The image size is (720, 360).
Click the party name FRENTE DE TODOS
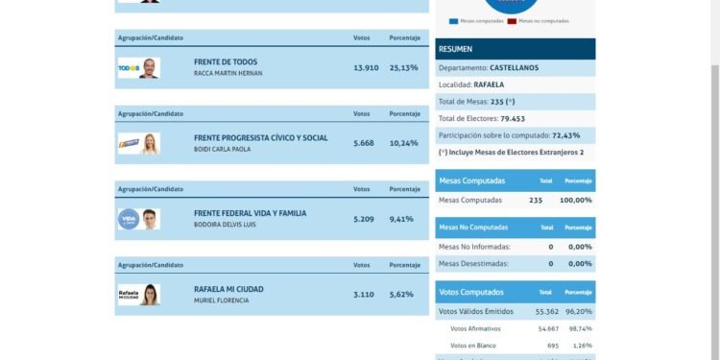click(x=226, y=61)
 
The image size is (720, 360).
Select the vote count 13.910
click(x=365, y=67)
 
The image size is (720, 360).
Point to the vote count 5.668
click(x=365, y=143)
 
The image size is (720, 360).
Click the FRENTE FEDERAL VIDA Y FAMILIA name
click(x=250, y=213)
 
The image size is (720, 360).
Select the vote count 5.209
click(x=365, y=219)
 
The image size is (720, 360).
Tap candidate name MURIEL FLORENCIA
click(x=221, y=300)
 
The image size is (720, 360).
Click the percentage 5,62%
click(x=402, y=295)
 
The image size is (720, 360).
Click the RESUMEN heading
click(x=455, y=49)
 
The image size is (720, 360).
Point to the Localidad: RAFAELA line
click(x=471, y=84)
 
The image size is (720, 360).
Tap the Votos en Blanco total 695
click(x=552, y=345)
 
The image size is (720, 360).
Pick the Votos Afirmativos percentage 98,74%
click(x=581, y=328)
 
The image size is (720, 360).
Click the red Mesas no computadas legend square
click(x=513, y=20)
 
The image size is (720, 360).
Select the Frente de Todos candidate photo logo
click(x=138, y=68)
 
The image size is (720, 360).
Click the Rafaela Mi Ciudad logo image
click(x=138, y=295)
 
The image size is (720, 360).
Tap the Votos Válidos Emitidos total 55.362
click(x=546, y=311)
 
